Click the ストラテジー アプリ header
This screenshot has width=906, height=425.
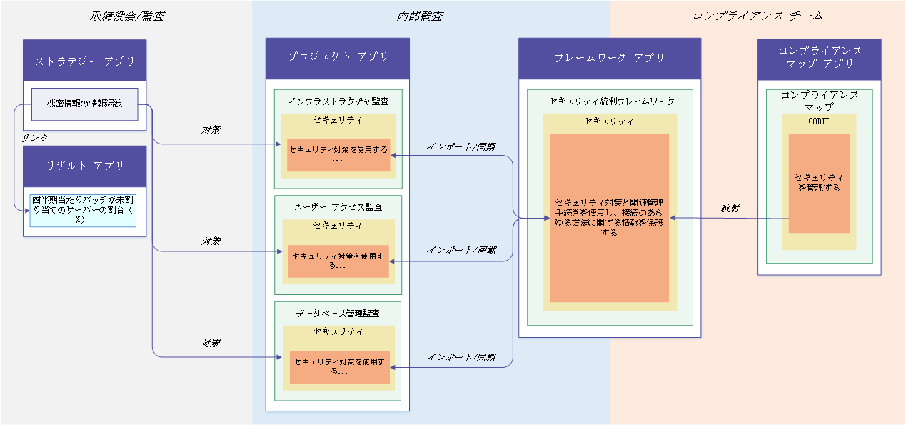(x=84, y=60)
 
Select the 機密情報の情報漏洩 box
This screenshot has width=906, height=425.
(x=84, y=104)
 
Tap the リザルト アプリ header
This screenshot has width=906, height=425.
(x=84, y=166)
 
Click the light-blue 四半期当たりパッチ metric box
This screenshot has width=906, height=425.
(x=83, y=211)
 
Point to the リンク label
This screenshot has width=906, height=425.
(x=35, y=138)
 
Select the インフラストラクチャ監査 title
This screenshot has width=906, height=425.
(x=338, y=101)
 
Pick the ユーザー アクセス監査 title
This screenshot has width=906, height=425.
(x=338, y=207)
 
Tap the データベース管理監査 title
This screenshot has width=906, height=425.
(x=338, y=314)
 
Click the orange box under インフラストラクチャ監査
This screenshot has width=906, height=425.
(x=338, y=155)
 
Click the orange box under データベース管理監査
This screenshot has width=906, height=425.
(x=340, y=367)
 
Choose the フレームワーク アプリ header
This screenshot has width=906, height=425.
(x=610, y=59)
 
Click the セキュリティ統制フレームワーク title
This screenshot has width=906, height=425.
(x=612, y=101)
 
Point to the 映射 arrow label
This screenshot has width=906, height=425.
(x=730, y=209)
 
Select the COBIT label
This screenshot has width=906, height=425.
(x=819, y=121)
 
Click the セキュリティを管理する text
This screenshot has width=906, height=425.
(x=819, y=183)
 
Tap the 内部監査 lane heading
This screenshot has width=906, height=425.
(x=420, y=16)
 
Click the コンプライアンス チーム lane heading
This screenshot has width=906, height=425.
(x=757, y=16)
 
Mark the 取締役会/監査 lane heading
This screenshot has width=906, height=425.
(x=127, y=16)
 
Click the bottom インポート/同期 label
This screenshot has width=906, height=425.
(x=461, y=357)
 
